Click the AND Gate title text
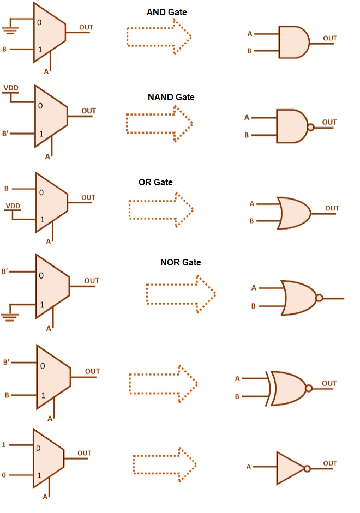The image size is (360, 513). (x=167, y=11)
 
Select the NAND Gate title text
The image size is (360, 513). (x=171, y=98)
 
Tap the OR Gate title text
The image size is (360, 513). (x=155, y=182)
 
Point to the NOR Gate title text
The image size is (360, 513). (x=181, y=262)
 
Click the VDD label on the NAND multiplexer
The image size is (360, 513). (x=10, y=88)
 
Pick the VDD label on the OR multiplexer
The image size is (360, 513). (x=12, y=206)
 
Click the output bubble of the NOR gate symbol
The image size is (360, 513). (x=319, y=298)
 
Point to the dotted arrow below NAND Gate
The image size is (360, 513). (x=159, y=123)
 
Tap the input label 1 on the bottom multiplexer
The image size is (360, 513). (x=3, y=445)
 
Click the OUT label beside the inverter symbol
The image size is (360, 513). (x=330, y=463)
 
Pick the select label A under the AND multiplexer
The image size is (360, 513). (x=46, y=71)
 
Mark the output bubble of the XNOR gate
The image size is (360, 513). (x=309, y=388)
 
